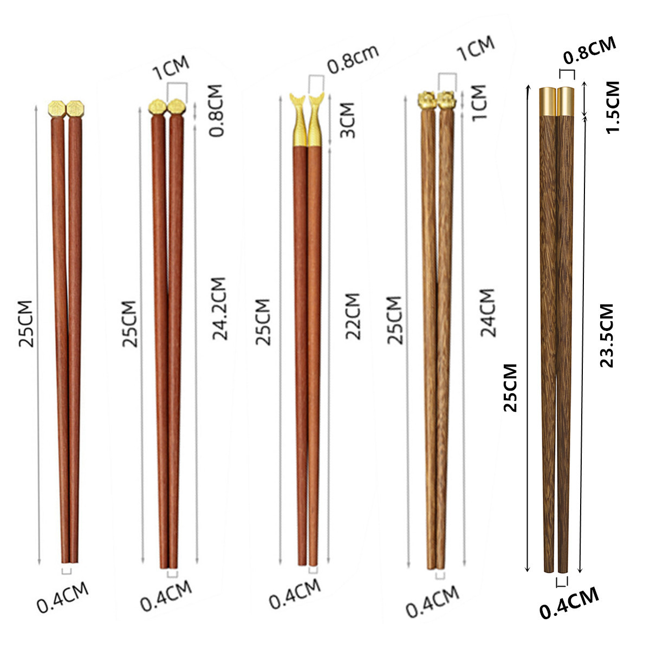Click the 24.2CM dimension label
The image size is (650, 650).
point(219,309)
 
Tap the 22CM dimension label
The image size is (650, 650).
point(353,316)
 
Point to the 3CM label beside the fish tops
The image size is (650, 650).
point(347,120)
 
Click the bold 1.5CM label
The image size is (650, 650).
point(613,108)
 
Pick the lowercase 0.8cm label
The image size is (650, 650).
point(353,60)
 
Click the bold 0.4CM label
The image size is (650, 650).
point(569,603)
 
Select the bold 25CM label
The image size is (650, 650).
point(511,388)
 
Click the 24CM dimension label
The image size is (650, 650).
point(487,313)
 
